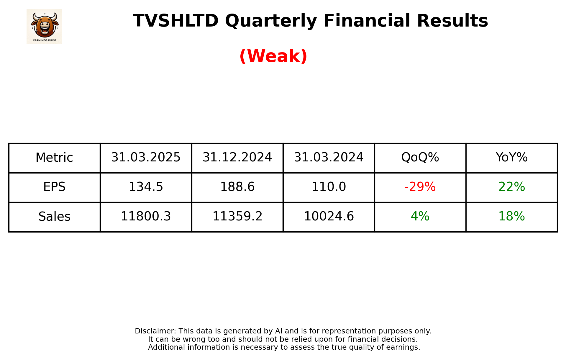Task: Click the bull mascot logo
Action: click(44, 26)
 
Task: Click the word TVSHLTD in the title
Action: click(175, 21)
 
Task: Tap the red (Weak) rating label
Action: click(273, 56)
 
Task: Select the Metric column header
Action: click(54, 158)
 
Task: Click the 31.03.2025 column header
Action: click(146, 158)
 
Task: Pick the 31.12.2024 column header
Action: click(237, 158)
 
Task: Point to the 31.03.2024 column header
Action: click(329, 158)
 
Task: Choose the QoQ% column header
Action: click(420, 158)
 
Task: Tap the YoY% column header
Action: click(511, 158)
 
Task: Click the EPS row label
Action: click(54, 187)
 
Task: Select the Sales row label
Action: click(54, 217)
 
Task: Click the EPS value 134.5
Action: click(146, 187)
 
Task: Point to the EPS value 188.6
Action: click(237, 187)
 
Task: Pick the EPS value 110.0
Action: click(329, 187)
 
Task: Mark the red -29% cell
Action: click(420, 187)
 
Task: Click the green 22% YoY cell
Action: click(511, 187)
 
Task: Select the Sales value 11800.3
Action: click(146, 217)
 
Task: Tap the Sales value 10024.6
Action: click(329, 217)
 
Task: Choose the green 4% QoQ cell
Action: click(420, 217)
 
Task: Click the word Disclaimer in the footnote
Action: click(155, 331)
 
